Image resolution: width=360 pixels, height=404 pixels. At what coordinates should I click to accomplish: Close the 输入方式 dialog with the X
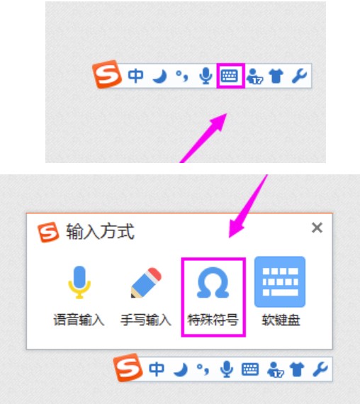[317, 228]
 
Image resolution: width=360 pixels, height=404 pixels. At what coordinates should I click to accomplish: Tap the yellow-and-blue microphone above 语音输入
[79, 283]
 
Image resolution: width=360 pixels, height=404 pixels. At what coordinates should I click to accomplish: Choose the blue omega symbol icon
[213, 283]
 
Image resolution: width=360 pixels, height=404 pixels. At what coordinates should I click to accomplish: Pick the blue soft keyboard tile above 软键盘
[280, 281]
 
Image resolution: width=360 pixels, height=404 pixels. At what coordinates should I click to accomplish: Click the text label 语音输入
[79, 320]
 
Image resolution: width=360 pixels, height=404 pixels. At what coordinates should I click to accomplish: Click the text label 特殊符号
[213, 320]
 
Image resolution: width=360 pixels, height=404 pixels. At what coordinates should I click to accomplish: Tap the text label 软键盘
[280, 320]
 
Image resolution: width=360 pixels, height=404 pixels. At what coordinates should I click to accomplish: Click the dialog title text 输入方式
[100, 232]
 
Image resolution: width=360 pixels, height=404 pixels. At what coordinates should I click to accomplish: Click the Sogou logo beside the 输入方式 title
[49, 232]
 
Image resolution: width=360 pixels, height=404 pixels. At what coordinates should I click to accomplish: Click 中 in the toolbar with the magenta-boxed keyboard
[135, 76]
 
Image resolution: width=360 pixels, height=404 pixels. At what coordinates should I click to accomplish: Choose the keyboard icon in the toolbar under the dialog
[249, 369]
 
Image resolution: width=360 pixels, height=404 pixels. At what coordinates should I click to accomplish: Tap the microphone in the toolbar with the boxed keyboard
[206, 76]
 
